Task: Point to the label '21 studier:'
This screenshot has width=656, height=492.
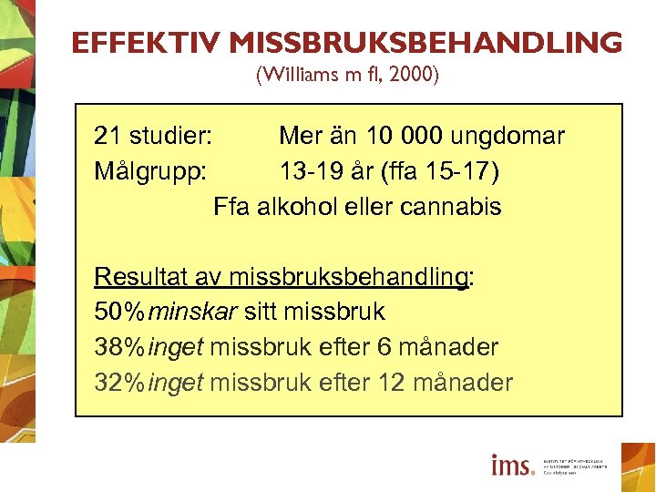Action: pos(153,137)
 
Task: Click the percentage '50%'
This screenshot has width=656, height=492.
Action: pos(119,313)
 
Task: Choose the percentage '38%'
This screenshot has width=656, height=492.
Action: pos(119,347)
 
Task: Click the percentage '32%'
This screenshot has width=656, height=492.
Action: pos(119,383)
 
